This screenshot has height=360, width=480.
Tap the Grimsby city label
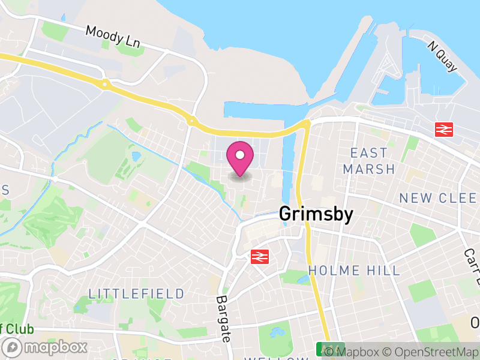point(316,214)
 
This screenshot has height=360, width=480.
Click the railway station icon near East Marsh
point(443,128)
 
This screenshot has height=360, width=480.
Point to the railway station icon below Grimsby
point(259,257)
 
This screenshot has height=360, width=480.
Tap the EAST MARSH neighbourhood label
point(369,161)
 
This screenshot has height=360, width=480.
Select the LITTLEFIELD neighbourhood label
point(137,294)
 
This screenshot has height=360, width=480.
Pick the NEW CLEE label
point(439,198)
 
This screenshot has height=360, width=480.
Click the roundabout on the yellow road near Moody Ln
point(105,85)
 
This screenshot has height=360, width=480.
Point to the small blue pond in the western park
point(136,157)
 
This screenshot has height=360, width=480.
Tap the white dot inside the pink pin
point(239,155)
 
